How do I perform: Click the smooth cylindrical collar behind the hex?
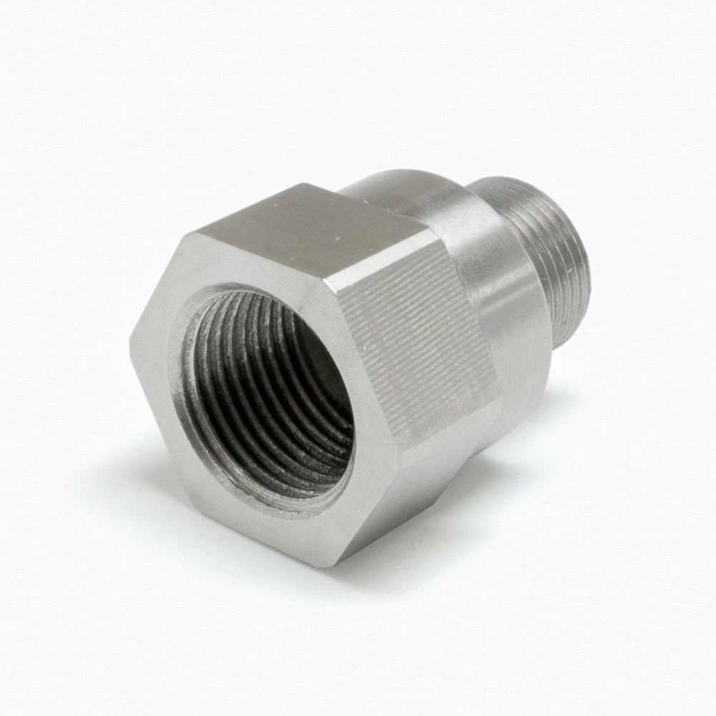point(494,272)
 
